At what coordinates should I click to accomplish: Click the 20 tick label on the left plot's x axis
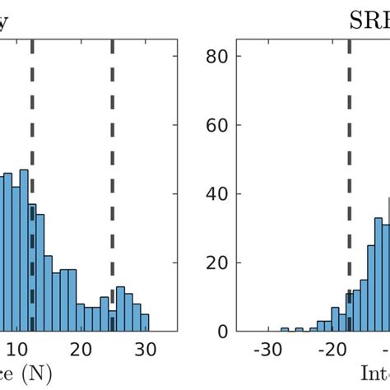coord(80,349)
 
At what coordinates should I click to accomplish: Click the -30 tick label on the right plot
coord(266,349)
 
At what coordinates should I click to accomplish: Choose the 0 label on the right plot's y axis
coord(223,332)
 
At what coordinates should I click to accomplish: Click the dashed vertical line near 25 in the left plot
coord(113,165)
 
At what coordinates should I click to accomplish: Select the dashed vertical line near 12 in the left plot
coord(32,123)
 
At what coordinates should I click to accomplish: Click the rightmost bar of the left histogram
coord(145,322)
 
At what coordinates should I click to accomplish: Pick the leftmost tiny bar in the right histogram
coord(285,329)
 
